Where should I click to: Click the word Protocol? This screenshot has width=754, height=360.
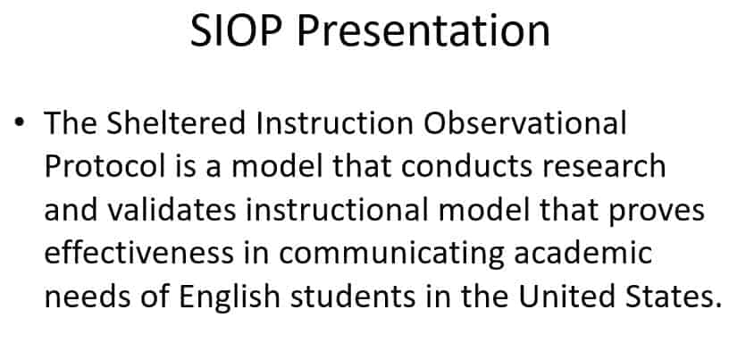[x=98, y=166]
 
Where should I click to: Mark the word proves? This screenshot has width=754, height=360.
[x=656, y=210]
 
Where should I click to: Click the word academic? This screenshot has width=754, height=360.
[x=584, y=253]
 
